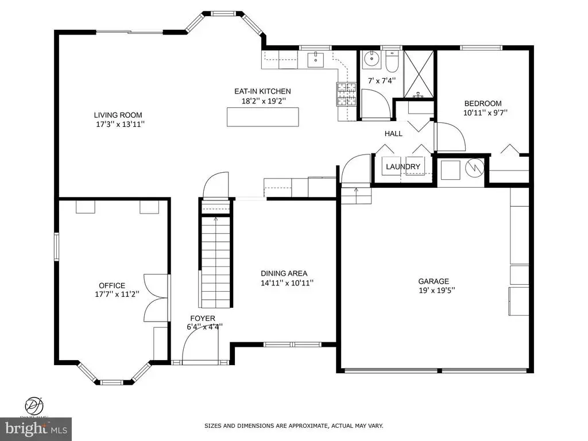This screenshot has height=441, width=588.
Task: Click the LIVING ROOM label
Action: tap(118, 115)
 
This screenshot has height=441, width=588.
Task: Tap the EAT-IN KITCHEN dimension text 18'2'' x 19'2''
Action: tap(264, 101)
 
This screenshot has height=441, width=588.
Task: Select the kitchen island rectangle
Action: tap(263, 117)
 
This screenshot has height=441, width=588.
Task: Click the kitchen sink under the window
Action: tap(316, 60)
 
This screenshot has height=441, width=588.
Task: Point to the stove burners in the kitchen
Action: tap(346, 94)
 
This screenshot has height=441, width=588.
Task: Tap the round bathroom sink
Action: tap(372, 59)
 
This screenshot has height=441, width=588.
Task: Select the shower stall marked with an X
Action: tap(419, 73)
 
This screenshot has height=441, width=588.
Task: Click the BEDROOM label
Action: tap(482, 103)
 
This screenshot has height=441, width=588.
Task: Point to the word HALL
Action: tap(393, 133)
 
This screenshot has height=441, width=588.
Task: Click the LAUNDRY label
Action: tap(403, 167)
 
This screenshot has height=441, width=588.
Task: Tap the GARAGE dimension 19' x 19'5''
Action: tap(437, 290)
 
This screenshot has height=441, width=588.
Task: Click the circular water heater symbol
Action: tap(475, 167)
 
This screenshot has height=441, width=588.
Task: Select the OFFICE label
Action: tap(112, 286)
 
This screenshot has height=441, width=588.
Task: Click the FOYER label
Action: tap(203, 319)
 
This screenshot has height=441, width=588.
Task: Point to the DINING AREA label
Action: tap(284, 274)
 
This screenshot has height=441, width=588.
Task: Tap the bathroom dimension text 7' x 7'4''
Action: tap(382, 80)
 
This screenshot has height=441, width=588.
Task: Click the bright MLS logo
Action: tap(36, 429)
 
